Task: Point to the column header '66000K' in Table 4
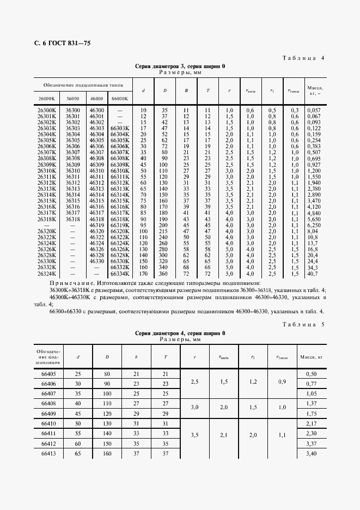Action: [x=119, y=98]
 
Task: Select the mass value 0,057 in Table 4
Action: [x=315, y=111]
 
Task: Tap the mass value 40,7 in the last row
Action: [x=313, y=275]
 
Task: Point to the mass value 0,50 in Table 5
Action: [x=312, y=373]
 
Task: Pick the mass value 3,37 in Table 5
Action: [x=312, y=444]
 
